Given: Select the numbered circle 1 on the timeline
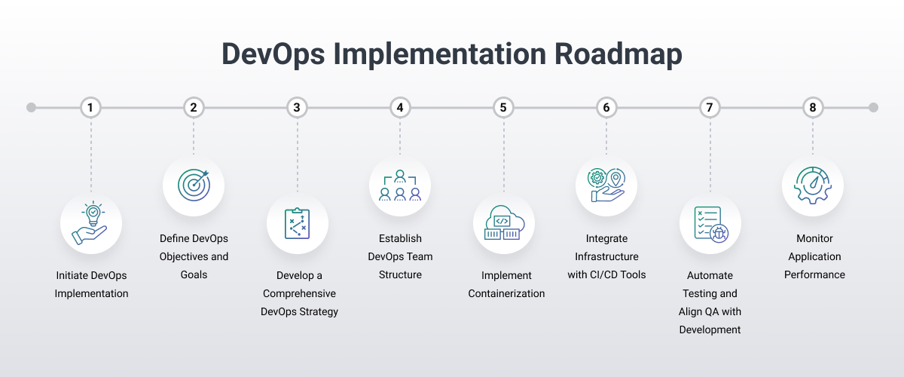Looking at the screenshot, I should tap(90, 108).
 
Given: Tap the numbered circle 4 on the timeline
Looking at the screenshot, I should tap(400, 108).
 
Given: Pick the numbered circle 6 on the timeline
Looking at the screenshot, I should tap(606, 108).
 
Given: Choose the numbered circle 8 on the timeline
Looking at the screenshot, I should tap(812, 108).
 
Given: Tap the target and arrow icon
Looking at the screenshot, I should tap(194, 185).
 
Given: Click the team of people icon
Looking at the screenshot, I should tap(400, 185).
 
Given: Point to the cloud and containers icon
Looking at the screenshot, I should tap(503, 223).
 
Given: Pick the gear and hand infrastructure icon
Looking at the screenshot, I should tap(606, 185).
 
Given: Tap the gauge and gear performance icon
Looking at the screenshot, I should tap(812, 185).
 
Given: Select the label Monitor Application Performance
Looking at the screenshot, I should tap(814, 256).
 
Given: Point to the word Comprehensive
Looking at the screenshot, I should tap(299, 293).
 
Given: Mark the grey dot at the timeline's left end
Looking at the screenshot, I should tap(31, 108).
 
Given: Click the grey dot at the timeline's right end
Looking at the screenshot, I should tap(873, 108).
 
